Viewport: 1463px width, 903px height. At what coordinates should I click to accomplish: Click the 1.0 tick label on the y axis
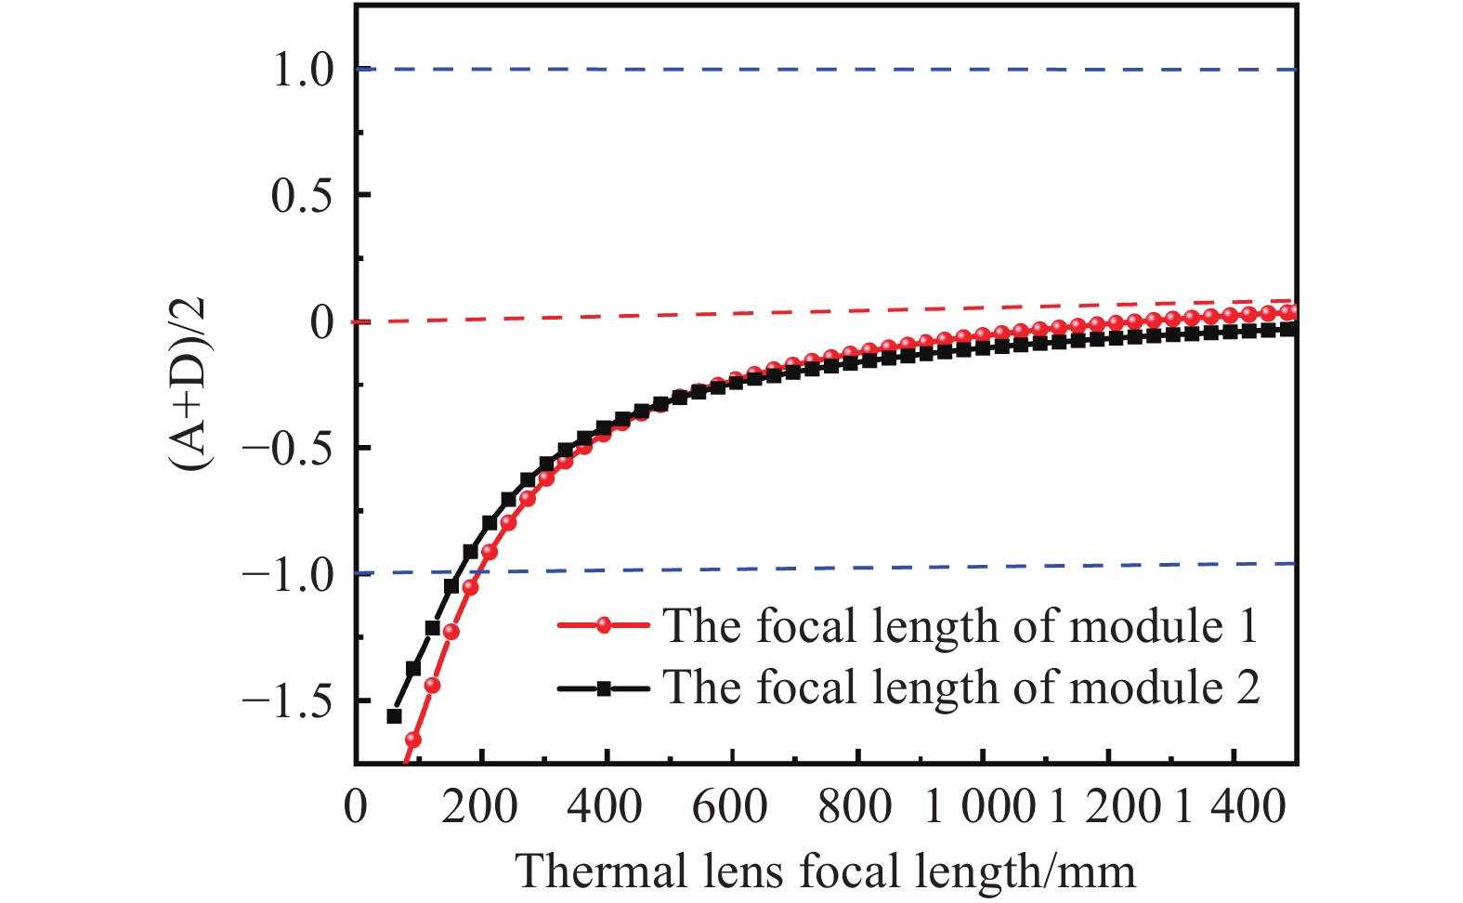(302, 71)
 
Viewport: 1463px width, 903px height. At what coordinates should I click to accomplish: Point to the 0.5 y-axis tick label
(302, 196)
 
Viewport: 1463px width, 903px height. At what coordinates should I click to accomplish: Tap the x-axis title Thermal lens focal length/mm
(825, 871)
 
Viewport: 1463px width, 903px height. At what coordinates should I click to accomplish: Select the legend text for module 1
(960, 626)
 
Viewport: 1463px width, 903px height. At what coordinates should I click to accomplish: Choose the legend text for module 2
(960, 688)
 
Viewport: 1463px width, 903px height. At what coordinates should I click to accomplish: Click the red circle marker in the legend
(604, 626)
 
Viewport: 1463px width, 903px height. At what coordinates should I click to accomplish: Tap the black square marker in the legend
(604, 688)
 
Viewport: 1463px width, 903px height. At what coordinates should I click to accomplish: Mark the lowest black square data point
(394, 715)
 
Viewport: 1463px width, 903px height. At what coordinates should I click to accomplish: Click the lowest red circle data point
(413, 740)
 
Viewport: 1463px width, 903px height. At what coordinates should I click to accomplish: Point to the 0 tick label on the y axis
(321, 323)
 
